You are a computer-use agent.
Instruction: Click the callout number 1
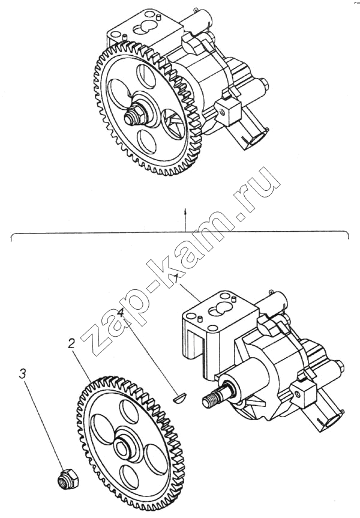(x=177, y=279)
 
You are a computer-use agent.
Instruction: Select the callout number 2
(x=71, y=344)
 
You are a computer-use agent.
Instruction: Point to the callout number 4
(x=121, y=313)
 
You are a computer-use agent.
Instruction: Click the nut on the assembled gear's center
(x=135, y=116)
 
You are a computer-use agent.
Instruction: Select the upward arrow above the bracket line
(x=185, y=219)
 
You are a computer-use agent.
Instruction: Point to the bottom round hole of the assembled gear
(x=146, y=142)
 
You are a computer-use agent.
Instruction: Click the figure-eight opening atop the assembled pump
(x=143, y=28)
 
